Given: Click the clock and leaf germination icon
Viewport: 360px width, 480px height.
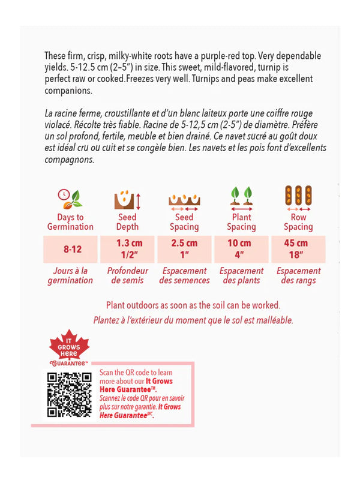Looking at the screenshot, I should click(x=70, y=198).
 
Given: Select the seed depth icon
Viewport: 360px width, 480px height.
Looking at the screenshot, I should click(x=127, y=198).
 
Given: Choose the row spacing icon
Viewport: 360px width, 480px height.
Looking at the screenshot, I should click(x=298, y=198).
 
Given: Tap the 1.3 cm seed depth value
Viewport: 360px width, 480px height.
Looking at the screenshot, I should click(x=127, y=244).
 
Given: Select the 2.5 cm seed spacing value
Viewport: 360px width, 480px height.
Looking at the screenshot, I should click(x=184, y=244).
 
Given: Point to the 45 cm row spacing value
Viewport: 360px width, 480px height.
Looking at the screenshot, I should click(x=298, y=244).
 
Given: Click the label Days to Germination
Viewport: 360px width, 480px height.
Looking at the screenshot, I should click(x=70, y=222).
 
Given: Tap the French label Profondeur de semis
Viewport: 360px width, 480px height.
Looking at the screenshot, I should click(x=127, y=275).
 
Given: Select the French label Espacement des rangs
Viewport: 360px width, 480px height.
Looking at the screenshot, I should click(x=298, y=275).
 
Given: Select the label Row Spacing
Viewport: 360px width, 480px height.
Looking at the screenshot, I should click(x=298, y=222).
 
